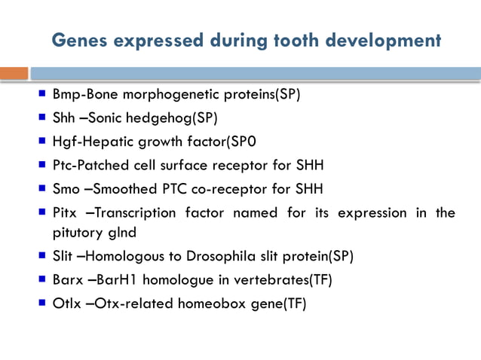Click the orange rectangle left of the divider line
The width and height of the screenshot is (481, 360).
click(14, 74)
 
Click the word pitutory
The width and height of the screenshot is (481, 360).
click(75, 232)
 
